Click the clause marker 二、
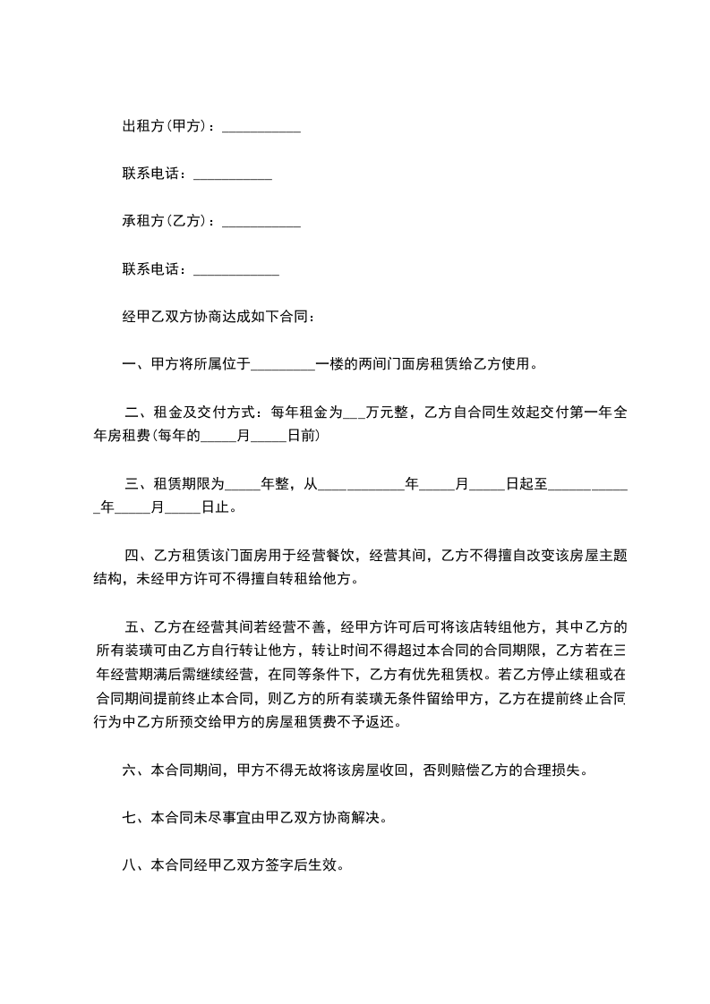(135, 413)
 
